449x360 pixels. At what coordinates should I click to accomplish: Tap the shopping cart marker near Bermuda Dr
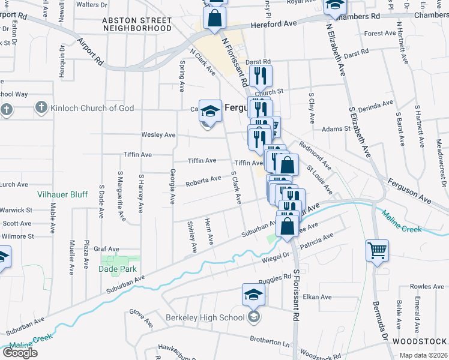pos(377,250)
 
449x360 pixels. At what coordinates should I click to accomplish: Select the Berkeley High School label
pos(205,317)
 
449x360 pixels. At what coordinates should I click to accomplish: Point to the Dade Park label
pos(118,269)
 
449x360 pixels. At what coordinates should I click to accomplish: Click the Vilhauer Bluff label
pos(62,194)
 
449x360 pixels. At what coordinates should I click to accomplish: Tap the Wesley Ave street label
pos(158,135)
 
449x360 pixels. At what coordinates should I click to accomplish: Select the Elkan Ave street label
pos(318,297)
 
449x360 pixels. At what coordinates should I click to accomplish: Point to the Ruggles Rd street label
pos(274,281)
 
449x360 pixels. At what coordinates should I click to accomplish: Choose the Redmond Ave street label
pos(315,155)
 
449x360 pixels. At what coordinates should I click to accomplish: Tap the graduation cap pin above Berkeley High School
pos(253,294)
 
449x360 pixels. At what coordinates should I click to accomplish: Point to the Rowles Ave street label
pos(427,287)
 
